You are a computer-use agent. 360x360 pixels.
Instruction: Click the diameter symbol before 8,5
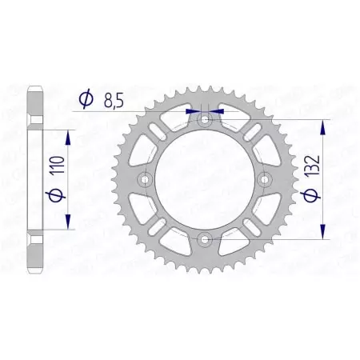[84, 100]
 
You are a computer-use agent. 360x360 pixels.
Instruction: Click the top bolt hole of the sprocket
[205, 119]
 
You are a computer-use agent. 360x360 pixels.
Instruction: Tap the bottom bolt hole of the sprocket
[205, 238]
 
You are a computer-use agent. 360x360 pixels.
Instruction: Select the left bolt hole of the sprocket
[145, 179]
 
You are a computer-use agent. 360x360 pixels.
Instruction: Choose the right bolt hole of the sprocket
[265, 179]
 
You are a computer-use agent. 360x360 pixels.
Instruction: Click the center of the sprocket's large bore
[205, 179]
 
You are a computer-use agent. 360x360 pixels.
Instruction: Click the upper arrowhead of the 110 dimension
[69, 138]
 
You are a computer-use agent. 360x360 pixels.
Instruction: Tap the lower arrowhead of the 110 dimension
[69, 219]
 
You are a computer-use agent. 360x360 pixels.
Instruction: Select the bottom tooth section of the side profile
[33, 256]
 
